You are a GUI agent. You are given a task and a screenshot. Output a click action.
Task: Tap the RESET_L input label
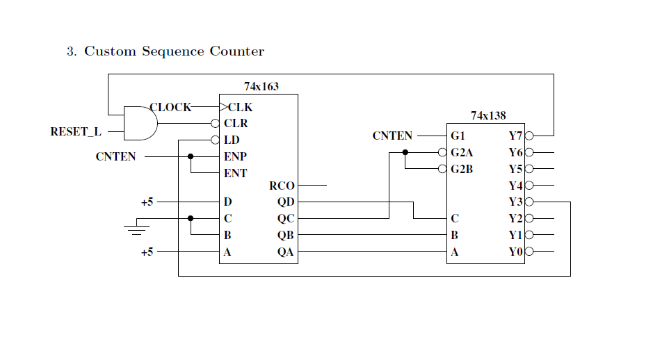click(x=75, y=131)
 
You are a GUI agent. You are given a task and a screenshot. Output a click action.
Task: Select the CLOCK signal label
click(x=170, y=107)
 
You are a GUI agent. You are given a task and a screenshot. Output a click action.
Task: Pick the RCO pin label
click(x=282, y=186)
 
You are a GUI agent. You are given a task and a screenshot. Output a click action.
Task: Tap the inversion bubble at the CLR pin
click(x=215, y=124)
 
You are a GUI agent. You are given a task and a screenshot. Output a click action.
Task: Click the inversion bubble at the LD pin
click(x=215, y=140)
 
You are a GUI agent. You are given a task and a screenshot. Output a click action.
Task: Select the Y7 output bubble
click(x=529, y=136)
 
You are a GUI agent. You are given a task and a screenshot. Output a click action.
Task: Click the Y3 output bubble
click(x=529, y=202)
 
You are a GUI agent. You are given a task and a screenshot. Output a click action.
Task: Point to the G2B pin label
click(x=462, y=169)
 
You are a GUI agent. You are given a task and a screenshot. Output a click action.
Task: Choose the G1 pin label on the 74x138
click(x=458, y=136)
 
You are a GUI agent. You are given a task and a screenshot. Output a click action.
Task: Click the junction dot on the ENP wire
click(x=191, y=156)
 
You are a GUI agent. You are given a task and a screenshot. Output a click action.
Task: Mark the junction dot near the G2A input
click(x=405, y=152)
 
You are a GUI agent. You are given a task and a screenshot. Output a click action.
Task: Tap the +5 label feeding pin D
click(x=147, y=202)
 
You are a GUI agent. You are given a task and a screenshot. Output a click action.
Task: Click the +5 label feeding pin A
click(x=147, y=252)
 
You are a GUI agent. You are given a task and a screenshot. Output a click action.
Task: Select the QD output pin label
click(x=286, y=202)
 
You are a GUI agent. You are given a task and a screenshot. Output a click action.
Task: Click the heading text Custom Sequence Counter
click(x=174, y=51)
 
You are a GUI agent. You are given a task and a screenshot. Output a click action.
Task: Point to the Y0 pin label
click(x=515, y=252)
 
